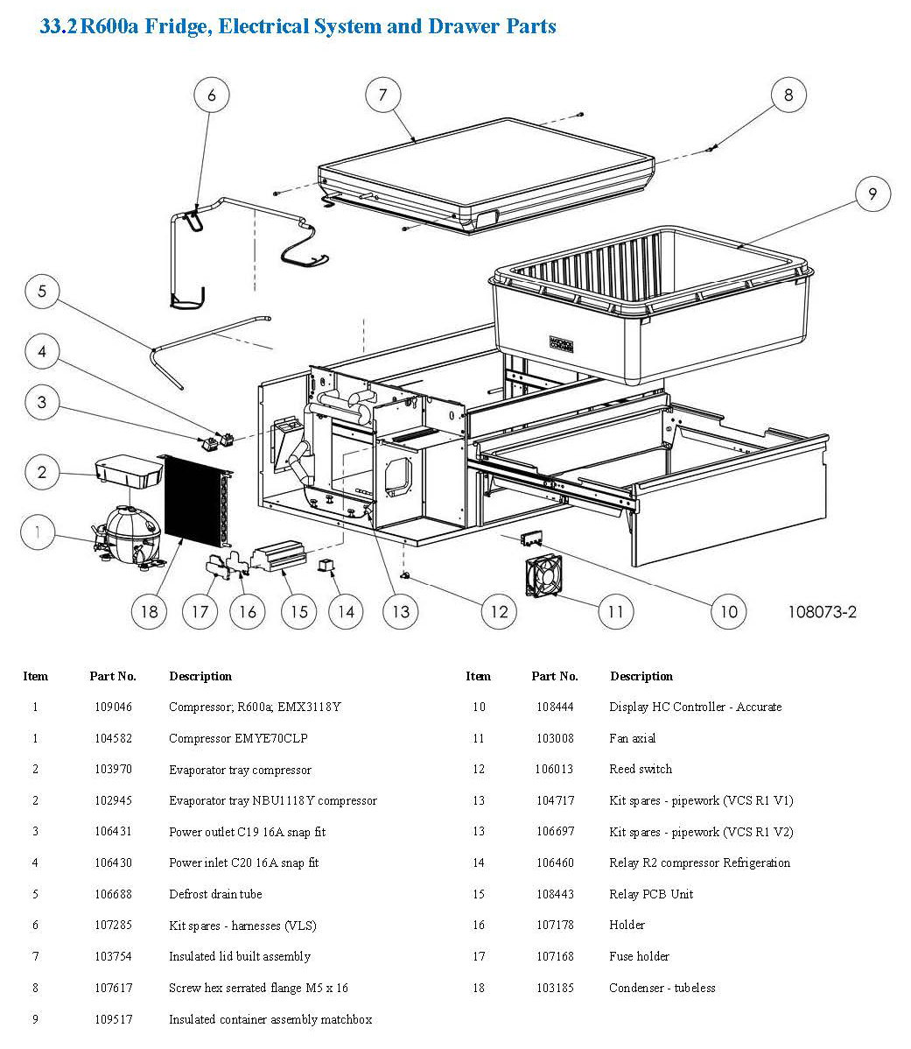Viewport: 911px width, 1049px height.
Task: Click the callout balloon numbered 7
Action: click(x=382, y=95)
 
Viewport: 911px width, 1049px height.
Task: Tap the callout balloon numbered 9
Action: click(x=872, y=194)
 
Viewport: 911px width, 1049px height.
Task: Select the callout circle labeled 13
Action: click(x=400, y=610)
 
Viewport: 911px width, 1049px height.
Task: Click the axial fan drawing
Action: click(x=543, y=578)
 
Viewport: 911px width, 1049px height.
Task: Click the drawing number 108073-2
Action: click(x=821, y=611)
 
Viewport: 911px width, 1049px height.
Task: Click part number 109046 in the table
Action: click(x=113, y=707)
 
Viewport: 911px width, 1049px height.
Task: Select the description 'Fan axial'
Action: click(x=633, y=738)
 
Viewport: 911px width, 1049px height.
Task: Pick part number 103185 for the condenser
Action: click(x=555, y=988)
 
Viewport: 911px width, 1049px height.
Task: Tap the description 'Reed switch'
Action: click(x=641, y=769)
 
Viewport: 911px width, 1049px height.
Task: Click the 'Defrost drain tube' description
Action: click(x=215, y=894)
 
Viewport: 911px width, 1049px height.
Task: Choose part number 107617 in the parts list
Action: click(x=113, y=988)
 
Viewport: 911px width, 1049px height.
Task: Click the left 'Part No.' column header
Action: click(x=113, y=676)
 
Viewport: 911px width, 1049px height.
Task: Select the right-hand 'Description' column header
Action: click(x=641, y=676)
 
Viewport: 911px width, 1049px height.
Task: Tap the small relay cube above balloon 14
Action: click(x=326, y=566)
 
